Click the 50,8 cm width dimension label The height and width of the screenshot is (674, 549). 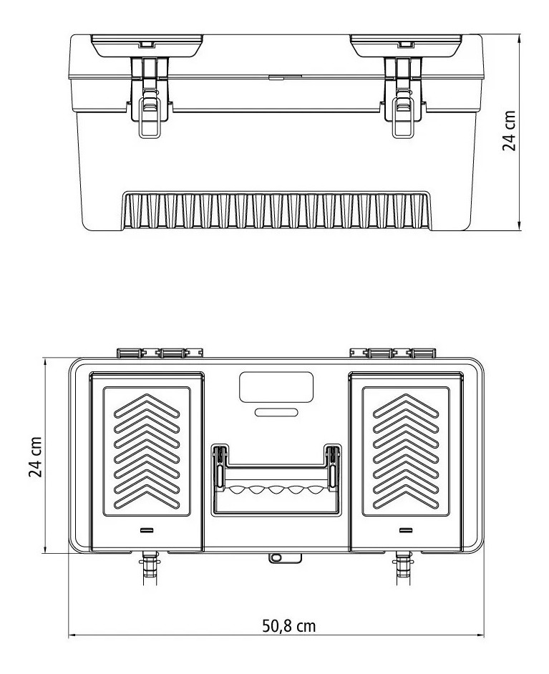[x=288, y=626]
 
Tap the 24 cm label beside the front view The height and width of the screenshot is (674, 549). [x=509, y=131]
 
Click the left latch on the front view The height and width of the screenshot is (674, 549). [x=150, y=100]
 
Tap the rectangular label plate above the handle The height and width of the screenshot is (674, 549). [x=276, y=388]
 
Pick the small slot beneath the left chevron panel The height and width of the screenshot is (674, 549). [x=147, y=530]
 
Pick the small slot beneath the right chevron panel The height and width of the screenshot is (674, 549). [x=406, y=530]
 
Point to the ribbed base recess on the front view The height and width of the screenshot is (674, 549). [x=276, y=212]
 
